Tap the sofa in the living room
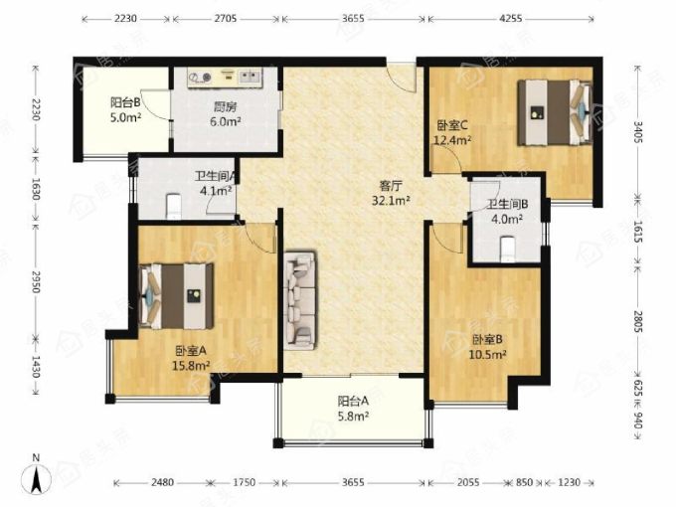(300, 299)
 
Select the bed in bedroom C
(554, 112)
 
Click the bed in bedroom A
(176, 296)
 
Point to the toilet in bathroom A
(174, 205)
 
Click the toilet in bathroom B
(508, 249)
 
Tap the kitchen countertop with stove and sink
(225, 78)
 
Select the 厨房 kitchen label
(225, 106)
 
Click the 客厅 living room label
(391, 186)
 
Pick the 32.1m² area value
(391, 201)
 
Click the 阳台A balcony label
(353, 402)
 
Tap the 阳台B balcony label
(125, 102)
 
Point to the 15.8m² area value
(191, 366)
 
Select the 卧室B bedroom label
(487, 340)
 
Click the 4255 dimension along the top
(511, 19)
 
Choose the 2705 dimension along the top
(226, 19)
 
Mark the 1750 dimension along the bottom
(245, 482)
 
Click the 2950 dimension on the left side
(36, 281)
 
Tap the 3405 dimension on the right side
(638, 132)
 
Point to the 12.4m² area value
(452, 140)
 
